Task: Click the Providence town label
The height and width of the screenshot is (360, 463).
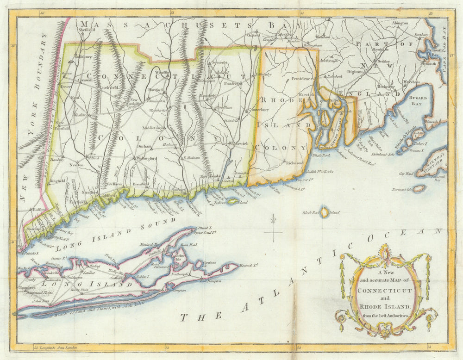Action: pos(302,79)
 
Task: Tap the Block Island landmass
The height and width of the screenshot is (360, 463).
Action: pos(325,212)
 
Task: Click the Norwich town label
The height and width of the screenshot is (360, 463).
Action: pos(241,143)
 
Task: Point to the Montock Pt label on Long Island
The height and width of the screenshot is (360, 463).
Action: pos(249,265)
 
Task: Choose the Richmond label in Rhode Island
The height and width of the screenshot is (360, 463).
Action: pos(294,163)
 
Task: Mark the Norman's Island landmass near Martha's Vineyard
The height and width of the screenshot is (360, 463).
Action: pos(419,188)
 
